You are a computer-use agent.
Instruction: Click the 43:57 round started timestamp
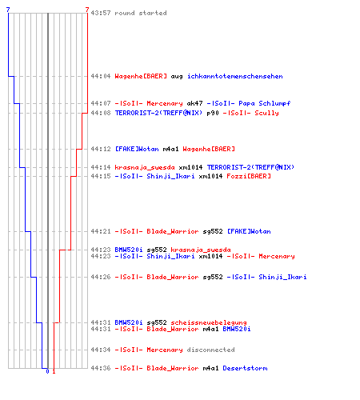tap(101, 13)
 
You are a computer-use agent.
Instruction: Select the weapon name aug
tap(177, 77)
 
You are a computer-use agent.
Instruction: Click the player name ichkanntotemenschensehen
tap(235, 76)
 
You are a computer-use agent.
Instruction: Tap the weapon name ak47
tap(194, 103)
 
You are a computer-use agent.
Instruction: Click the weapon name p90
tap(213, 113)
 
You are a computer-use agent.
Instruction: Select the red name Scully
tap(266, 113)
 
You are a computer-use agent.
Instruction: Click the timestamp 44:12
tap(101, 149)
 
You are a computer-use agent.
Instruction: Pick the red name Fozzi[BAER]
tap(249, 176)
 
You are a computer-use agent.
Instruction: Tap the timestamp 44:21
tap(101, 231)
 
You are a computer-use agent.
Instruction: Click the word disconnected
tap(210, 350)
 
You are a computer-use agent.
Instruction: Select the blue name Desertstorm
tap(245, 368)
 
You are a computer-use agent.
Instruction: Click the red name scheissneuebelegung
tap(209, 322)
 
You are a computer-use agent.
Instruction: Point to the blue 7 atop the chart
tap(8, 10)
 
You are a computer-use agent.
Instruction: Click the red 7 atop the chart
tap(87, 10)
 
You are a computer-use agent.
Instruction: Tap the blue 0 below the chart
tap(47, 371)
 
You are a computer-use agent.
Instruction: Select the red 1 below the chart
tap(54, 371)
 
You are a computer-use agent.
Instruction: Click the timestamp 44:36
tap(101, 368)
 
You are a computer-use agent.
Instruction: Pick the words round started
tap(141, 13)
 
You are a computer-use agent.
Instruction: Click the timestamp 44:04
tap(101, 76)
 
